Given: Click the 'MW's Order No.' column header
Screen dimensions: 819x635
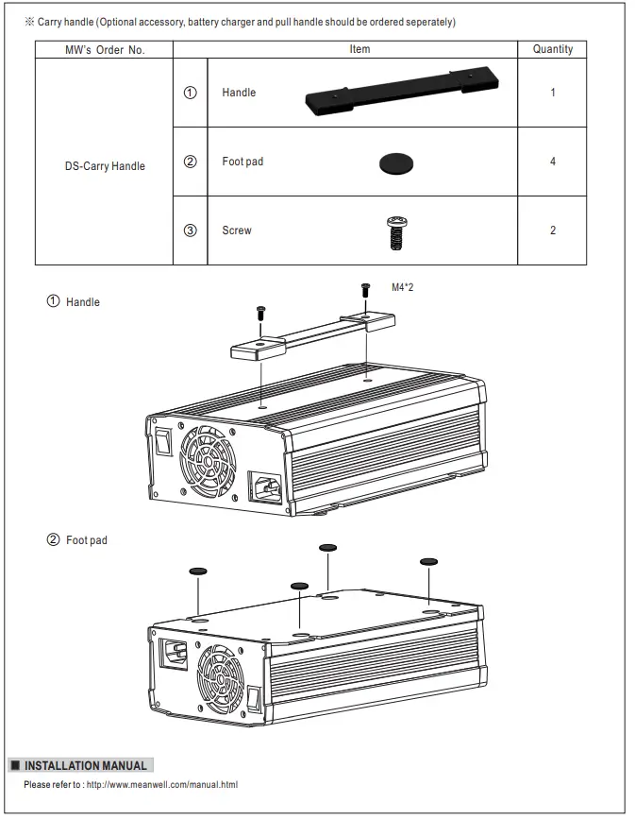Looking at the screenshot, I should pyautogui.click(x=105, y=50).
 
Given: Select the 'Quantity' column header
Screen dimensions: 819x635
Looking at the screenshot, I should pyautogui.click(x=552, y=49).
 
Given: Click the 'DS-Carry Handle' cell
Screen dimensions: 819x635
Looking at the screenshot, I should pyautogui.click(x=105, y=166).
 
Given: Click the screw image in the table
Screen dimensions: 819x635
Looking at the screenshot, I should pyautogui.click(x=396, y=231).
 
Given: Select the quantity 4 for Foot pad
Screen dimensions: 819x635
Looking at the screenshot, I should pyautogui.click(x=552, y=162).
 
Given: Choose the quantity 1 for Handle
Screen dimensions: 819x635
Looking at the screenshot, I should pyautogui.click(x=552, y=93).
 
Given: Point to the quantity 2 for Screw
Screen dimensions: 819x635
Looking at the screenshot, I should pyautogui.click(x=552, y=230).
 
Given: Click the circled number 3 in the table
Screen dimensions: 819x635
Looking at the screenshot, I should pyautogui.click(x=191, y=230).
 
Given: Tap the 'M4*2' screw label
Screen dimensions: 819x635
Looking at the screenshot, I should pyautogui.click(x=402, y=287).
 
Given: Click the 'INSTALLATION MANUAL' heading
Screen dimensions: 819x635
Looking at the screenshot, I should pyautogui.click(x=85, y=765).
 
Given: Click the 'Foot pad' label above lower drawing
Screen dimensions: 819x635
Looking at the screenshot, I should pyautogui.click(x=86, y=540).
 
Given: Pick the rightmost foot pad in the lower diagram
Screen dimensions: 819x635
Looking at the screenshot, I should pyautogui.click(x=428, y=561).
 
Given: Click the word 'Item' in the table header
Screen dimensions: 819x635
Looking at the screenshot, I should pyautogui.click(x=359, y=49).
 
